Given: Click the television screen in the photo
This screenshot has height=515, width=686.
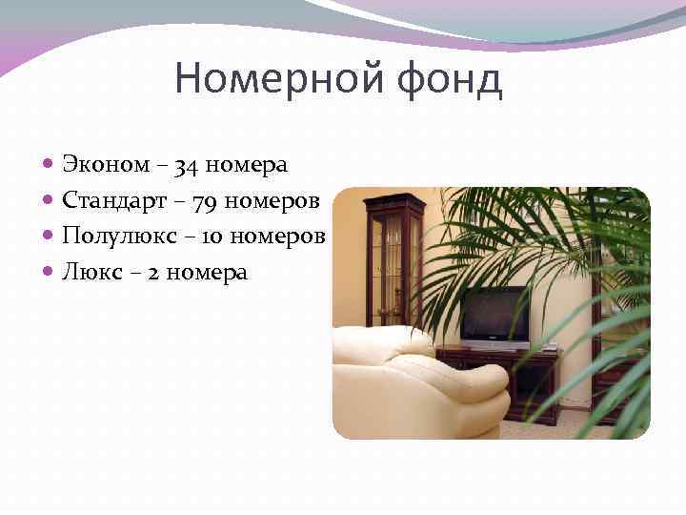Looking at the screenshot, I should pyautogui.click(x=494, y=315).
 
